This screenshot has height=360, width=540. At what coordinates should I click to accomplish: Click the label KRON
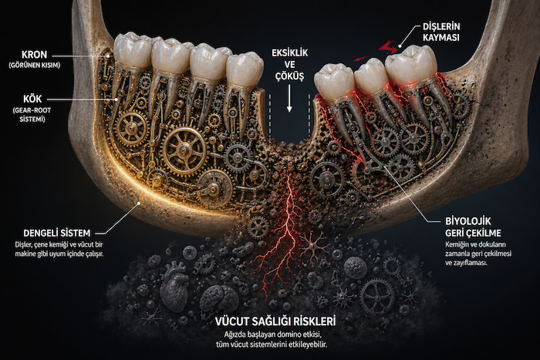click(35, 55)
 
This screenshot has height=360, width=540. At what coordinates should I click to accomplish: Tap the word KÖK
click(32, 99)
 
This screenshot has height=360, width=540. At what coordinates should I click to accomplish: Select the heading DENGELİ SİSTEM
click(57, 233)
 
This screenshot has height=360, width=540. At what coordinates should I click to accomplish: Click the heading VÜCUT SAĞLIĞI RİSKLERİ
click(275, 321)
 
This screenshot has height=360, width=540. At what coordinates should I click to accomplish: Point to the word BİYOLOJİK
click(468, 221)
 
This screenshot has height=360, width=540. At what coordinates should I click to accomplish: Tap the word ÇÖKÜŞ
click(289, 76)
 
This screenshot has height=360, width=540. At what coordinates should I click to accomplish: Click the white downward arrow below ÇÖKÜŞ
click(289, 99)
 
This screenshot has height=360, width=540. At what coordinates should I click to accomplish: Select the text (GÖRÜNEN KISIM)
click(35, 65)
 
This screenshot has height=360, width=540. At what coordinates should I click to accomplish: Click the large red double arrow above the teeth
click(388, 48)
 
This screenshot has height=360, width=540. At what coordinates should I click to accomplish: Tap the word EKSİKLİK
click(289, 53)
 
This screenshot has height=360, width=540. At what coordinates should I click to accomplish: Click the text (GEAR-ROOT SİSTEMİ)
click(32, 115)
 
